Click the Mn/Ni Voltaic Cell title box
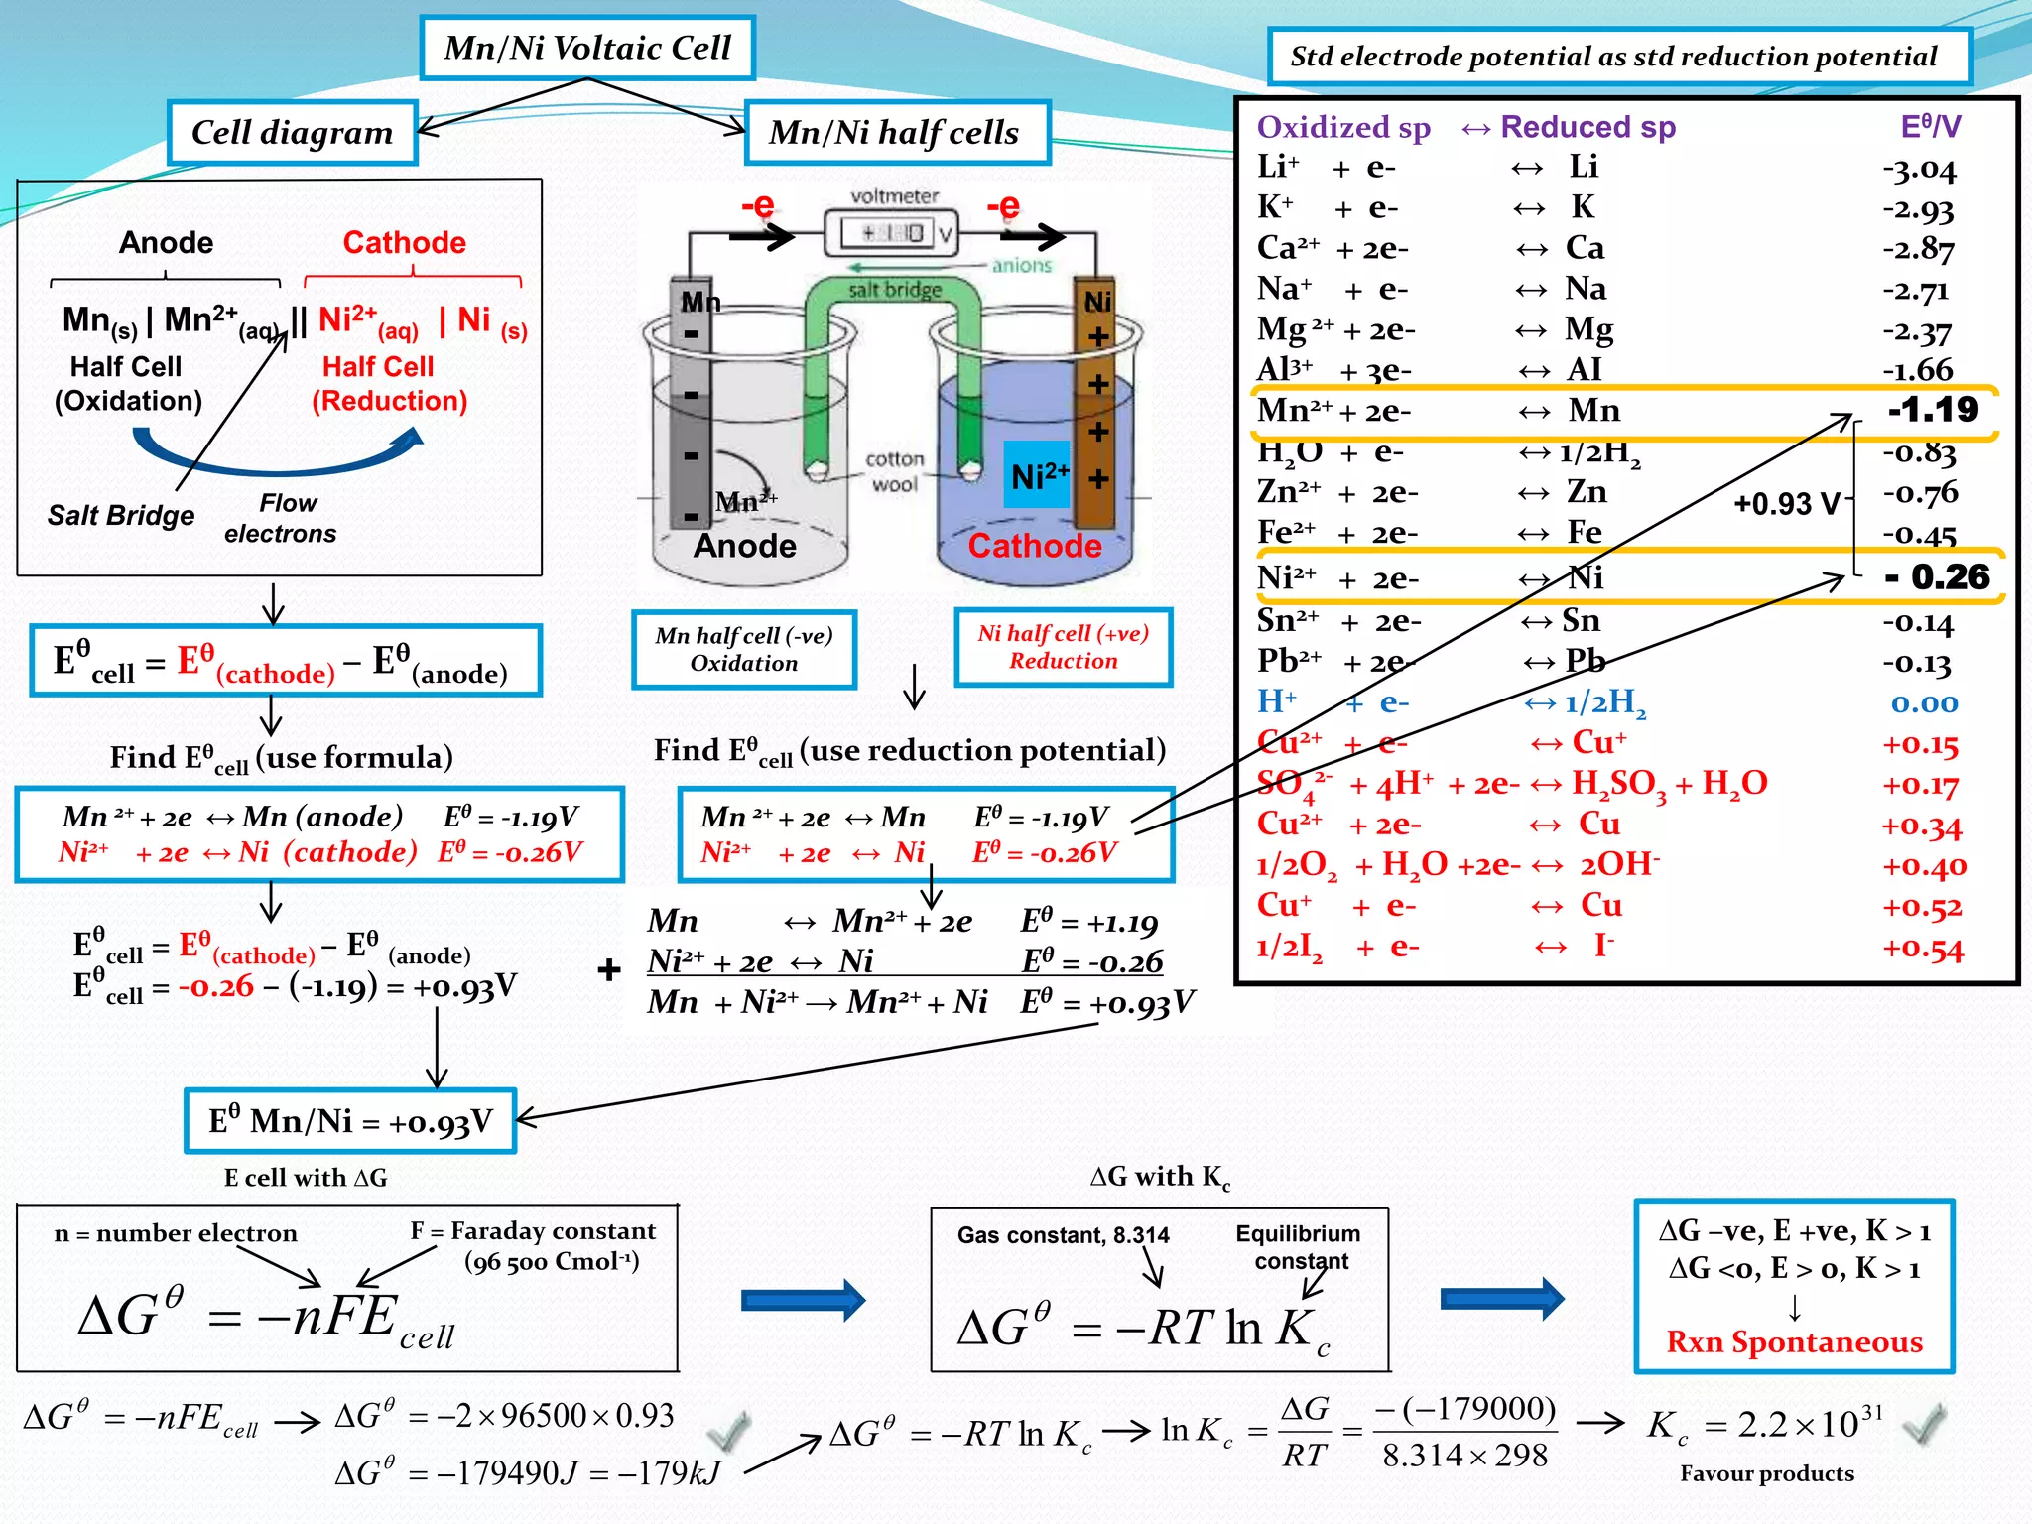click(587, 48)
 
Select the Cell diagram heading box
click(292, 132)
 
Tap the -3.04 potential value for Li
click(1919, 170)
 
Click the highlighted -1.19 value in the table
click(1932, 409)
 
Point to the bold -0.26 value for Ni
click(1938, 576)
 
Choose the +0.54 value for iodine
click(1923, 949)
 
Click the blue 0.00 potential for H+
click(1924, 703)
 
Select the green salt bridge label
click(895, 290)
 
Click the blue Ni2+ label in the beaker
click(1039, 475)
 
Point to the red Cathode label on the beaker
click(1034, 546)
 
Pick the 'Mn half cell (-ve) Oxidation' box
click(744, 649)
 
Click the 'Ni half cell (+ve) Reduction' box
click(1063, 647)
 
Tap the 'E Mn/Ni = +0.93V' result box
click(350, 1121)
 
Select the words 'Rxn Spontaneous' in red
click(1794, 1341)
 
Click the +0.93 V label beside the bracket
click(1786, 504)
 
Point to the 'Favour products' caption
click(1766, 1473)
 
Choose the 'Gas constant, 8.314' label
click(1063, 1235)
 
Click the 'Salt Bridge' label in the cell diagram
click(121, 515)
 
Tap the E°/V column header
click(1930, 127)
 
